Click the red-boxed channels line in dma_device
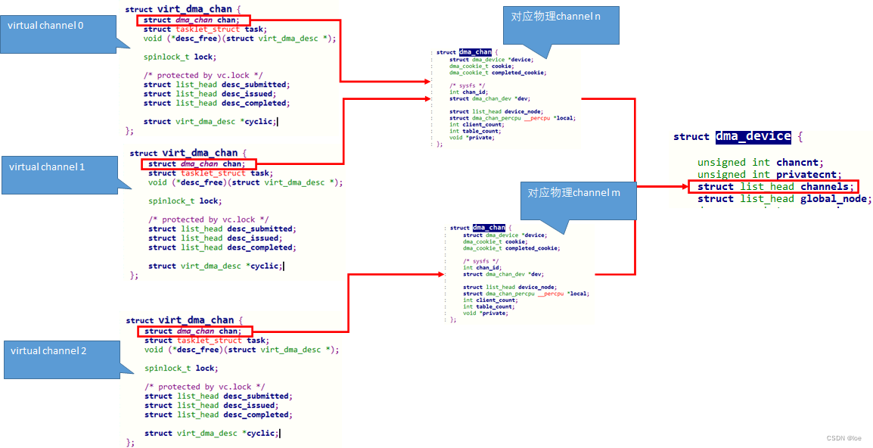772,186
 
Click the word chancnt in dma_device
799,162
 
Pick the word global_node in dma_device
838,198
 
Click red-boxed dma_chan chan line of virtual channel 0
193,20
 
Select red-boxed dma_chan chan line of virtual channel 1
197,163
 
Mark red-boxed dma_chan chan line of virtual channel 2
194,331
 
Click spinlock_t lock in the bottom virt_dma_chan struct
181,368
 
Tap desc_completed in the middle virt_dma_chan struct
260,247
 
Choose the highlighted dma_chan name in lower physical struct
489,228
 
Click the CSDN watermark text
843,438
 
